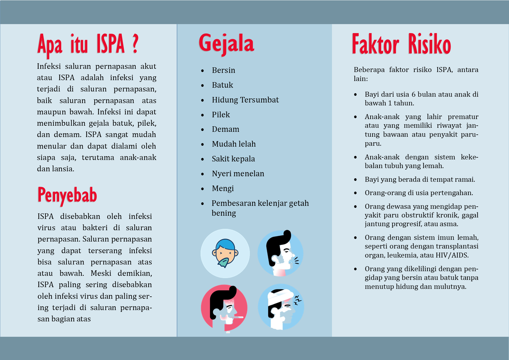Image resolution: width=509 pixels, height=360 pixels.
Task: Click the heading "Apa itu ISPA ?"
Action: pos(88,44)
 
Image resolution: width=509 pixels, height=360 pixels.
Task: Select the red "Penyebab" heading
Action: pos(67,195)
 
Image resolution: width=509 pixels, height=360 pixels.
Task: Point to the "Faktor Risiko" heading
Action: pos(401,44)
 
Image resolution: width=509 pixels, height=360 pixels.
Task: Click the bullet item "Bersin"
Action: pos(223,70)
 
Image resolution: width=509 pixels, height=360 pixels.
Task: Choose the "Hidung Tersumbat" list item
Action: pos(245,100)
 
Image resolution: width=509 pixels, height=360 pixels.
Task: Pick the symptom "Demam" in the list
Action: pos(225,129)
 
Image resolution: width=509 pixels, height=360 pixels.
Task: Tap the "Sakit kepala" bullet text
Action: pos(233,159)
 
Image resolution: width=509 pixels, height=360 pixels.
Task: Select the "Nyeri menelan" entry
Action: pos(238,174)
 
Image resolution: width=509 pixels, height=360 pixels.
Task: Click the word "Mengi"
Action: pos(223,188)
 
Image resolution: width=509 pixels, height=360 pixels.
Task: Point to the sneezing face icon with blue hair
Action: pos(225,253)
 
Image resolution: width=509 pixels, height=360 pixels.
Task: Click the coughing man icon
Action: pos(280,253)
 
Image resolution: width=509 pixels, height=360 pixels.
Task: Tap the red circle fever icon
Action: pos(224,308)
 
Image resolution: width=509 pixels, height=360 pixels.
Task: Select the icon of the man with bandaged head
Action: pos(281,307)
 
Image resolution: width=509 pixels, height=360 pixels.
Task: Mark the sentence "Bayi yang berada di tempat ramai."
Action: pos(420,179)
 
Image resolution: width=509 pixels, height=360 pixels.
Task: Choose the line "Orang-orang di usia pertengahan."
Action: pos(419,193)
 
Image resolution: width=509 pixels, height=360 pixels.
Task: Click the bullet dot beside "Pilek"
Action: pos(203,115)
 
